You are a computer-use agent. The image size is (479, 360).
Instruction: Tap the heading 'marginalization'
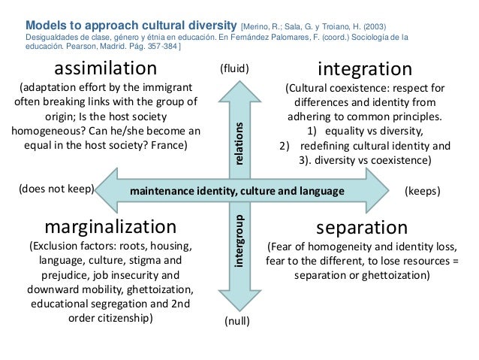(110, 226)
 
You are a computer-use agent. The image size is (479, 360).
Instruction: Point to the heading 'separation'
(361, 226)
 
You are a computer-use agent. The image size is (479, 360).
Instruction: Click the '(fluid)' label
(233, 69)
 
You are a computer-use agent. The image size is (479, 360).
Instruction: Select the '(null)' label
(237, 322)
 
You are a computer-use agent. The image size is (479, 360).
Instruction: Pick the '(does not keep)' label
(55, 191)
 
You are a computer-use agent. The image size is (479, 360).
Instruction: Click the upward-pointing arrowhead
(237, 89)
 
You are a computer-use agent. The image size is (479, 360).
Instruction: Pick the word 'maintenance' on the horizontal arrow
(161, 191)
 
